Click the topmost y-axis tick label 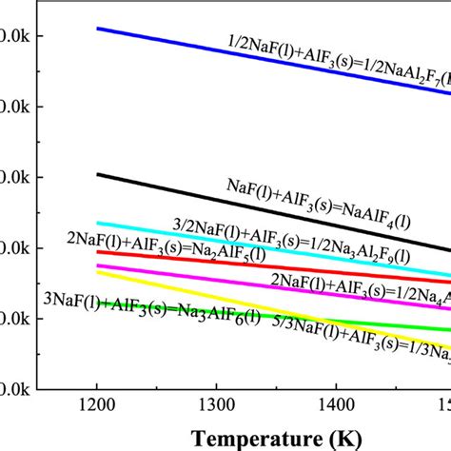coord(19,36)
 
